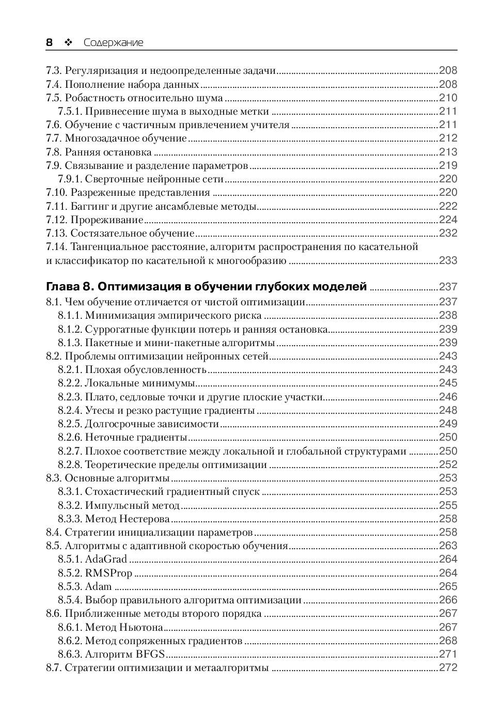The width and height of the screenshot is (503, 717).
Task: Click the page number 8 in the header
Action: point(50,42)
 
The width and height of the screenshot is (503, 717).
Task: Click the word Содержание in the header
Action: point(113,43)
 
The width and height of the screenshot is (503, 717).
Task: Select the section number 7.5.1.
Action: point(69,111)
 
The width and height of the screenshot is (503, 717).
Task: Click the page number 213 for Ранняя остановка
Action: point(448,152)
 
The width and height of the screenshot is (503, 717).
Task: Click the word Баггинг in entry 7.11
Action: point(88,206)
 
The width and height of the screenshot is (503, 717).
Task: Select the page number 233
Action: point(448,260)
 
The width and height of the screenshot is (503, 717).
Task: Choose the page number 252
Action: point(448,464)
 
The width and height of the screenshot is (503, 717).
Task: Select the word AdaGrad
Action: point(106,559)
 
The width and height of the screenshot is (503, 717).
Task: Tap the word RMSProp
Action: point(108,573)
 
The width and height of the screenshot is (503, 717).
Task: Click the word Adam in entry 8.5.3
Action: point(98,586)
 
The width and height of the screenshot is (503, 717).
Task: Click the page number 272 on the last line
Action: point(448,667)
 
